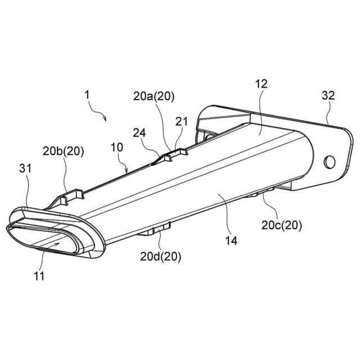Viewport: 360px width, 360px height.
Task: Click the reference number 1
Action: click(87, 96)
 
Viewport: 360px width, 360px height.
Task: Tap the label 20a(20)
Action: click(154, 96)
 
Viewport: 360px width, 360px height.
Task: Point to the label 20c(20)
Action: click(281, 226)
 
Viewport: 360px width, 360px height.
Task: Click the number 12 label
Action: click(260, 84)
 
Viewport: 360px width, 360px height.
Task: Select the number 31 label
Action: click(24, 168)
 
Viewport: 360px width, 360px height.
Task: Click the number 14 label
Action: click(232, 240)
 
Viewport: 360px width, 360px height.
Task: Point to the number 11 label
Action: click(39, 276)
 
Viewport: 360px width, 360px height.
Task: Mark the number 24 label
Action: click(139, 133)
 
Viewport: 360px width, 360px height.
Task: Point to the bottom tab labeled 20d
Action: click(159, 228)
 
